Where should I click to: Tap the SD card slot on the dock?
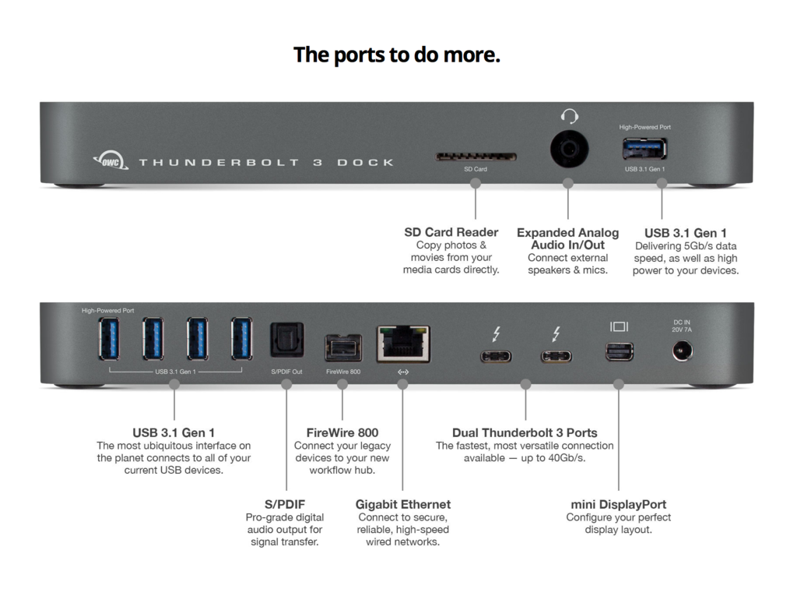pos(476,157)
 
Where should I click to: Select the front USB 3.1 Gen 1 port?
pos(644,148)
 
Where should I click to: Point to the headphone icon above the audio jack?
pos(569,116)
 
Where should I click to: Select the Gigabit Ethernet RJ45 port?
pos(402,344)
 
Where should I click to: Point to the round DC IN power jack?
pos(682,352)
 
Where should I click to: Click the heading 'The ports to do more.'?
pos(396,55)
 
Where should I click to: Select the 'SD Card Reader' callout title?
pos(451,232)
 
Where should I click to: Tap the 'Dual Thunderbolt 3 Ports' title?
pos(525,432)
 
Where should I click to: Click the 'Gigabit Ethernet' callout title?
pos(402,504)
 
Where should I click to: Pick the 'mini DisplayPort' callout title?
pos(618,504)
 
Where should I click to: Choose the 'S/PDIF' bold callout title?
pos(285,504)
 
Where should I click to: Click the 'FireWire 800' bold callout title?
pos(342,432)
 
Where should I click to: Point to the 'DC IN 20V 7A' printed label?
pos(682,326)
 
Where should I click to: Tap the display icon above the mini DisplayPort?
pos(620,327)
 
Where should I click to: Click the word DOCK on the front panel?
pos(365,162)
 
